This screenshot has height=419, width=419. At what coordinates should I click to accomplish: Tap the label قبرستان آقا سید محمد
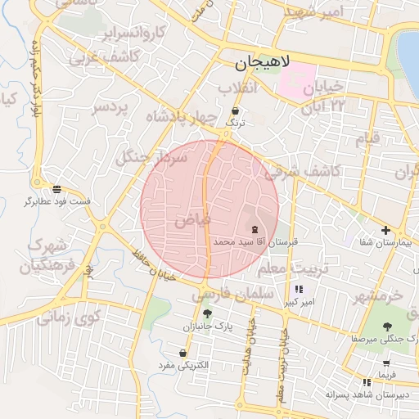click(x=256, y=243)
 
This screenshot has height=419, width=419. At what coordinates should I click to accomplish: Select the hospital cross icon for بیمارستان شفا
click(x=385, y=230)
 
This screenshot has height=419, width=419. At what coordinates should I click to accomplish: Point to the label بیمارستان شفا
click(x=382, y=243)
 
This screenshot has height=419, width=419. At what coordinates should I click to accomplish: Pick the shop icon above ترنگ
click(x=236, y=110)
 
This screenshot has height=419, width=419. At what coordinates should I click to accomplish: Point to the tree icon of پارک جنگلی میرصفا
click(x=387, y=325)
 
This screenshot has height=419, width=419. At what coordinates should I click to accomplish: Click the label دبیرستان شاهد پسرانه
click(x=367, y=394)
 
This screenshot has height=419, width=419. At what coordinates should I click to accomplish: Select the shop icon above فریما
click(x=385, y=363)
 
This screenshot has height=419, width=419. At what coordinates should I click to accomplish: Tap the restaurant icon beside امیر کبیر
click(x=298, y=289)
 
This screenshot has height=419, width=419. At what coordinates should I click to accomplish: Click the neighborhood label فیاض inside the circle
click(x=193, y=220)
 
